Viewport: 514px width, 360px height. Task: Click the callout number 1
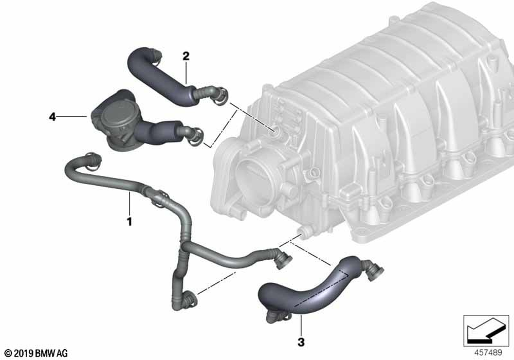click(130, 222)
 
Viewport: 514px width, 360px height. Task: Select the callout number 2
click(186, 56)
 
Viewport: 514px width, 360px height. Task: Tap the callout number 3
click(302, 341)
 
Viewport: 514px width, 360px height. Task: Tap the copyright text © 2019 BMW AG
click(34, 353)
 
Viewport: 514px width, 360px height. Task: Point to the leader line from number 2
click(186, 72)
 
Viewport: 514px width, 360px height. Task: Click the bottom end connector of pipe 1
click(190, 297)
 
